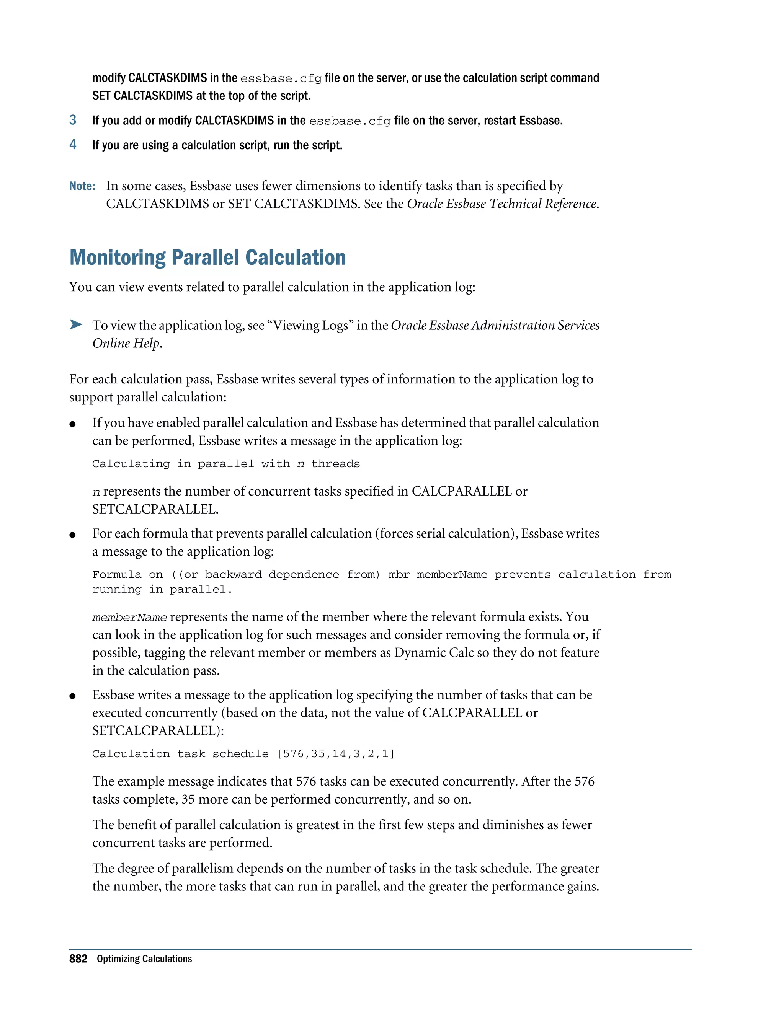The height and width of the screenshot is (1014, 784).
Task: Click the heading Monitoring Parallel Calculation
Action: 207,258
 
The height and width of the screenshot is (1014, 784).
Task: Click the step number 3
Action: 73,120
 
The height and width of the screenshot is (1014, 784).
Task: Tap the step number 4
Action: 73,145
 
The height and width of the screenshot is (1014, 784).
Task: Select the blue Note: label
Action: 82,186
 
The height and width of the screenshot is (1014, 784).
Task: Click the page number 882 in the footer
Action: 78,959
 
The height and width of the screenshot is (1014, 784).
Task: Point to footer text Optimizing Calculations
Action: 144,959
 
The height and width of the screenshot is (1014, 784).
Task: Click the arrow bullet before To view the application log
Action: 76,324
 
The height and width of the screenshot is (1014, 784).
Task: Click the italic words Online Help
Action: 126,343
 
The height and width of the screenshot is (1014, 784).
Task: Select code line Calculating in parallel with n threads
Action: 226,464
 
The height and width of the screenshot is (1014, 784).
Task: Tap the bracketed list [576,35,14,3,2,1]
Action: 335,753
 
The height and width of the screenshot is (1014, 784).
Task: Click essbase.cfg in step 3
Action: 349,121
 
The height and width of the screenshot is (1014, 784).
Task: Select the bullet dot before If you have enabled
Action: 72,424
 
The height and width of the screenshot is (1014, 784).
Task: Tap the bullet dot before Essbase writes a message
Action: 72,696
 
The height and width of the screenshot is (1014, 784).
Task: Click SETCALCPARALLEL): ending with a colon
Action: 158,731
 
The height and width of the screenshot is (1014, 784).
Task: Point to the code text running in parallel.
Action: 162,589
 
